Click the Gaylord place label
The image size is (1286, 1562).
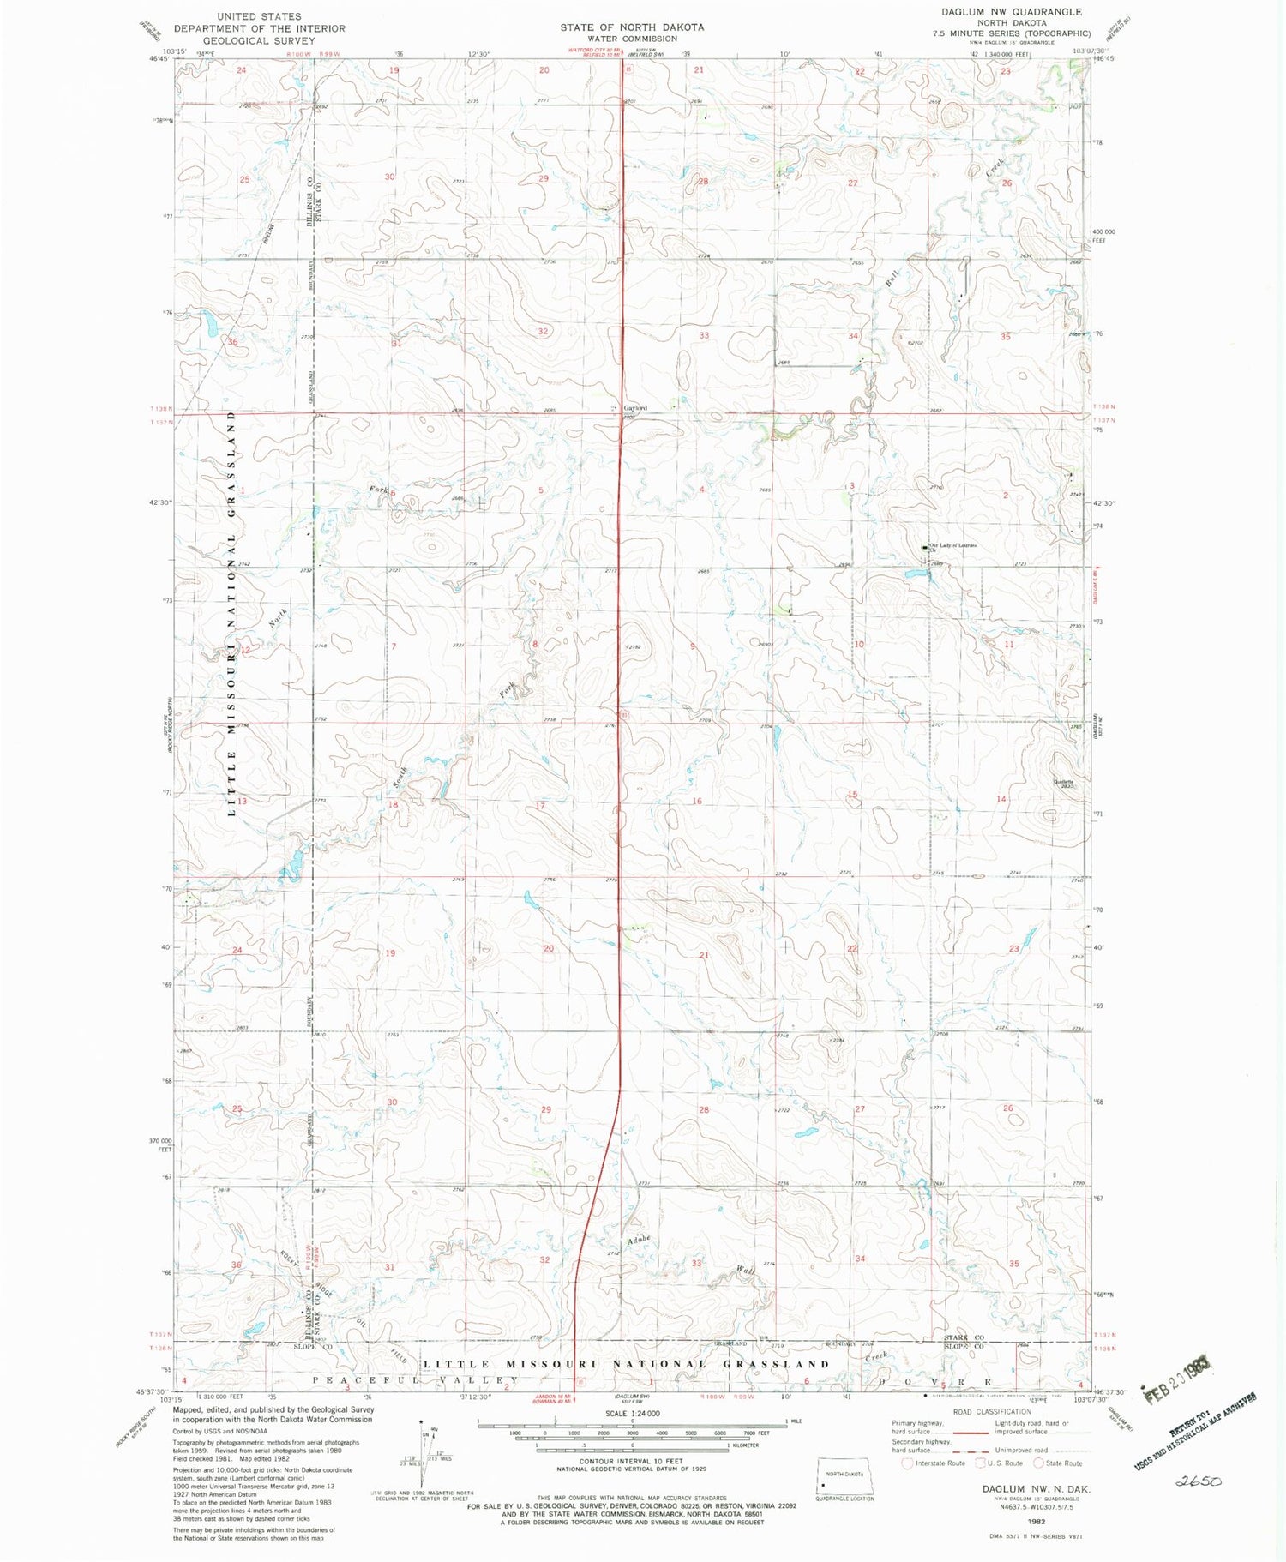pos(634,407)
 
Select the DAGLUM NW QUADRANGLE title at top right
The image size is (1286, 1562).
pos(1012,12)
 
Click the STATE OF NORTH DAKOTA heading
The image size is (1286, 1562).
pos(632,27)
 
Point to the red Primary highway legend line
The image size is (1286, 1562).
pos(971,1432)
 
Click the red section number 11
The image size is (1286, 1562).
pos(1009,644)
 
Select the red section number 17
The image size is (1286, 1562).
pos(540,806)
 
